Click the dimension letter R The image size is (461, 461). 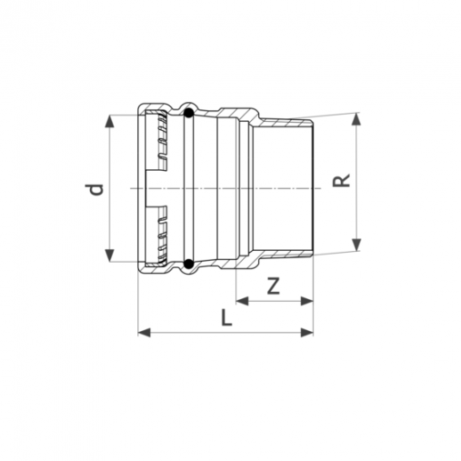coord(342,181)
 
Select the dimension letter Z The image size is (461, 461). coord(273,286)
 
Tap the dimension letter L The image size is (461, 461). coord(226,318)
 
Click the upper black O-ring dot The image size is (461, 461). coord(189,113)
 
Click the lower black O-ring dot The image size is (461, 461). coord(189,263)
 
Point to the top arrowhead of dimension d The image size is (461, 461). coord(109,121)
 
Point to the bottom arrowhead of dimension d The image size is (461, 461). coord(109,255)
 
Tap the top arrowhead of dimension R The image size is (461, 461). coord(356,119)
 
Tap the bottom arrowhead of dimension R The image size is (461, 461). coord(356,245)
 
